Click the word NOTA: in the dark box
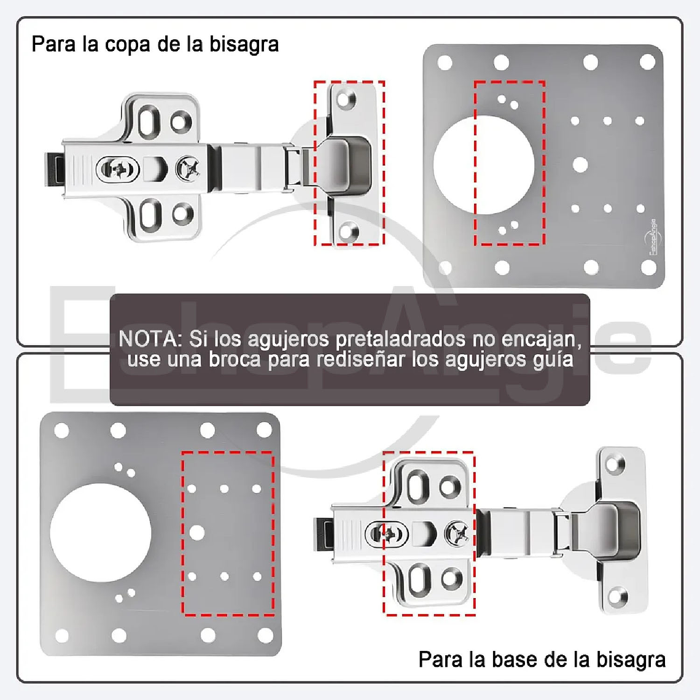pos(150,338)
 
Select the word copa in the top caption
pos(126,44)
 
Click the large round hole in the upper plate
pos(483,165)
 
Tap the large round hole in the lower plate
pos(100,533)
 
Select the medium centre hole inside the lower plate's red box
pos(196,532)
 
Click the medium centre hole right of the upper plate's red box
pos(580,165)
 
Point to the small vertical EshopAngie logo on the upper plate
pos(653,236)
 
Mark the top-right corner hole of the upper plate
pos(647,62)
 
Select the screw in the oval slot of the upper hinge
pos(117,169)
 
